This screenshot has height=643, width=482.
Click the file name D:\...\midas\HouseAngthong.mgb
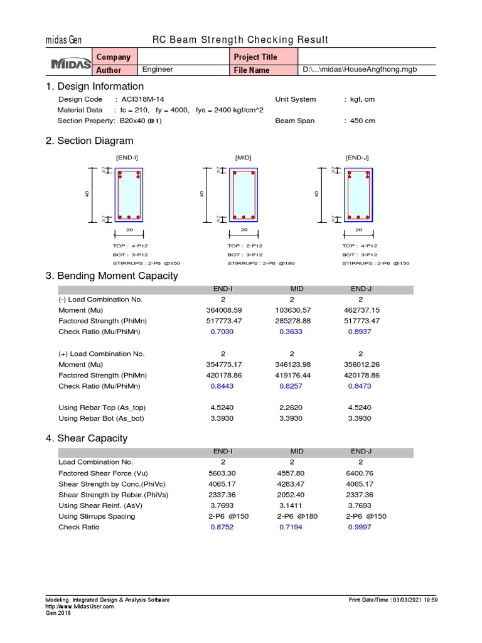click(x=360, y=70)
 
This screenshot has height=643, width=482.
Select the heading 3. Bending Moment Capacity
click(x=112, y=276)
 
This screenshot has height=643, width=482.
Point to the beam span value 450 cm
click(x=363, y=121)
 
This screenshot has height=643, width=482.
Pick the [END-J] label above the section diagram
click(x=357, y=157)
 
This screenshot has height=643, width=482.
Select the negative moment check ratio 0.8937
click(x=360, y=332)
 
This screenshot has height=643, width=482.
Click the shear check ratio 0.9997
click(x=360, y=527)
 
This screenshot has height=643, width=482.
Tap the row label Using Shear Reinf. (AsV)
click(x=100, y=505)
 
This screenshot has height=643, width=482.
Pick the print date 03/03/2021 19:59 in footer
click(x=414, y=600)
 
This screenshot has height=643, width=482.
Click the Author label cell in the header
click(x=109, y=70)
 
